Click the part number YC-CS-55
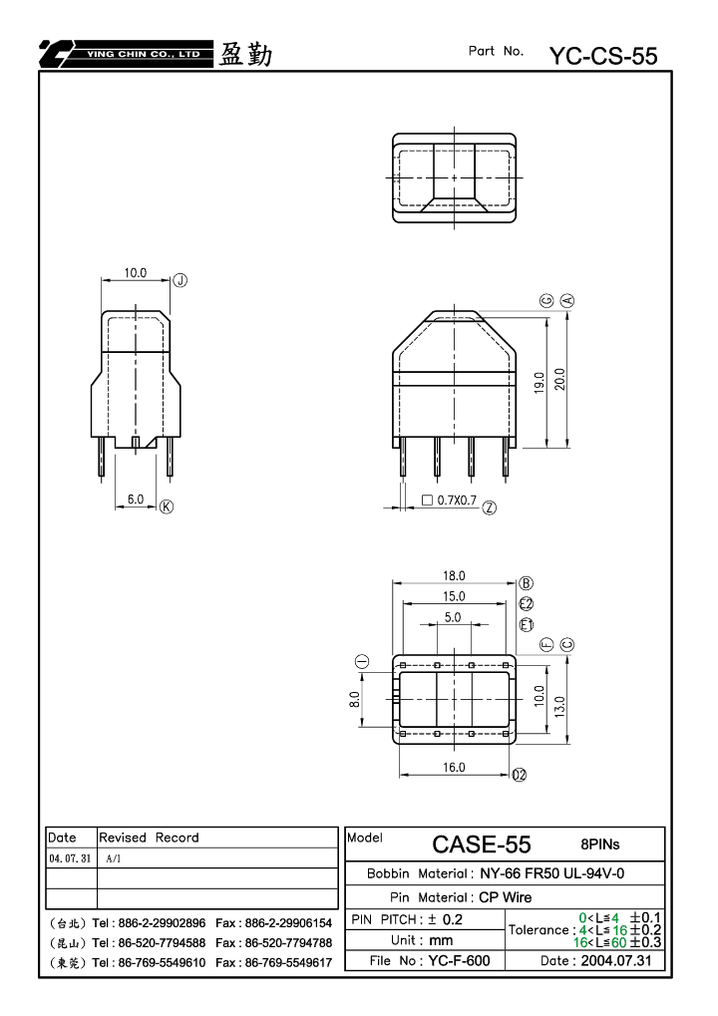tap(603, 57)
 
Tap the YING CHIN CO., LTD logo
tap(126, 54)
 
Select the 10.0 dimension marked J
tap(136, 273)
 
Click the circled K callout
tap(167, 507)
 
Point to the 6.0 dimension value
tap(136, 499)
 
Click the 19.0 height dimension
tap(539, 382)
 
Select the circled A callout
tap(567, 301)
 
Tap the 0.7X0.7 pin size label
tap(457, 501)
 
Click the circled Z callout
tap(490, 508)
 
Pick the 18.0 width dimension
tap(455, 575)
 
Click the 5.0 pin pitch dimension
tap(453, 617)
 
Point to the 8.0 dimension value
tap(354, 700)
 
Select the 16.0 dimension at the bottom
tap(455, 767)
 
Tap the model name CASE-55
tap(482, 845)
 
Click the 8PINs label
tap(600, 845)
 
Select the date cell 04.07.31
tap(70, 858)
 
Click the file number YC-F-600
tap(459, 960)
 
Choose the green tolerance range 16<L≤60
tap(600, 942)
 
